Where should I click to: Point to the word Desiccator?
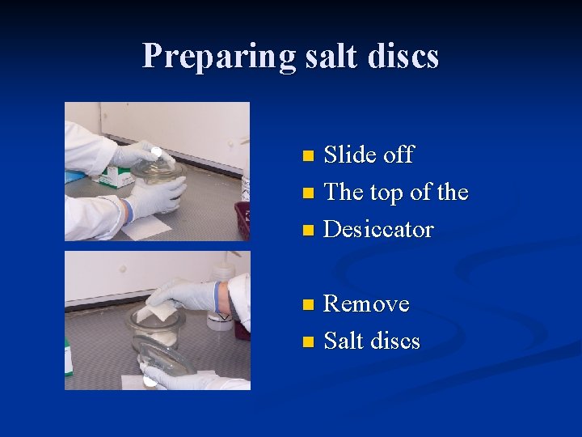pyautogui.click(x=378, y=229)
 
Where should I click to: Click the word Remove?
pyautogui.click(x=366, y=304)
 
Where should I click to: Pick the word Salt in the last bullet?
pyautogui.click(x=344, y=341)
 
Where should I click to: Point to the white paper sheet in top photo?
pyautogui.click(x=145, y=228)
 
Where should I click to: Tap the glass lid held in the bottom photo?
pyautogui.click(x=166, y=356)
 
